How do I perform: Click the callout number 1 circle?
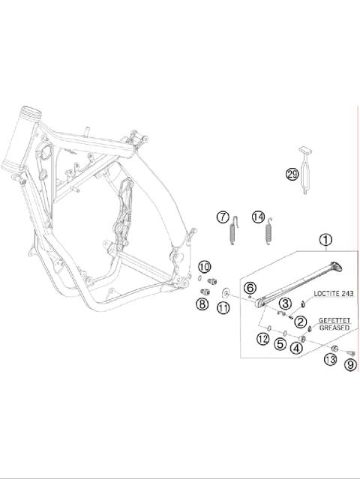tap(325, 240)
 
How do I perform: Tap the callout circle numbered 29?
tap(292, 175)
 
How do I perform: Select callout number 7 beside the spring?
tap(222, 217)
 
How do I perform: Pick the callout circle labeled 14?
tap(259, 217)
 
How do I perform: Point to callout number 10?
tap(204, 267)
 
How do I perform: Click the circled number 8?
tap(202, 304)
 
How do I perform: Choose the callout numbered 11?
tap(223, 307)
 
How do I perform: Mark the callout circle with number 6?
tap(250, 288)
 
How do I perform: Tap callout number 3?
tap(285, 304)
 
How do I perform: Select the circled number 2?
tap(301, 322)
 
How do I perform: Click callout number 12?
tap(262, 339)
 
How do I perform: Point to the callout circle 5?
tap(280, 344)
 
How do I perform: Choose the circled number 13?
tap(329, 361)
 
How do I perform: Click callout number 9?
tap(350, 365)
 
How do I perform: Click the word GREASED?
tap(332, 328)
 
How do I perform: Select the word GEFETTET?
tap(332, 319)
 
